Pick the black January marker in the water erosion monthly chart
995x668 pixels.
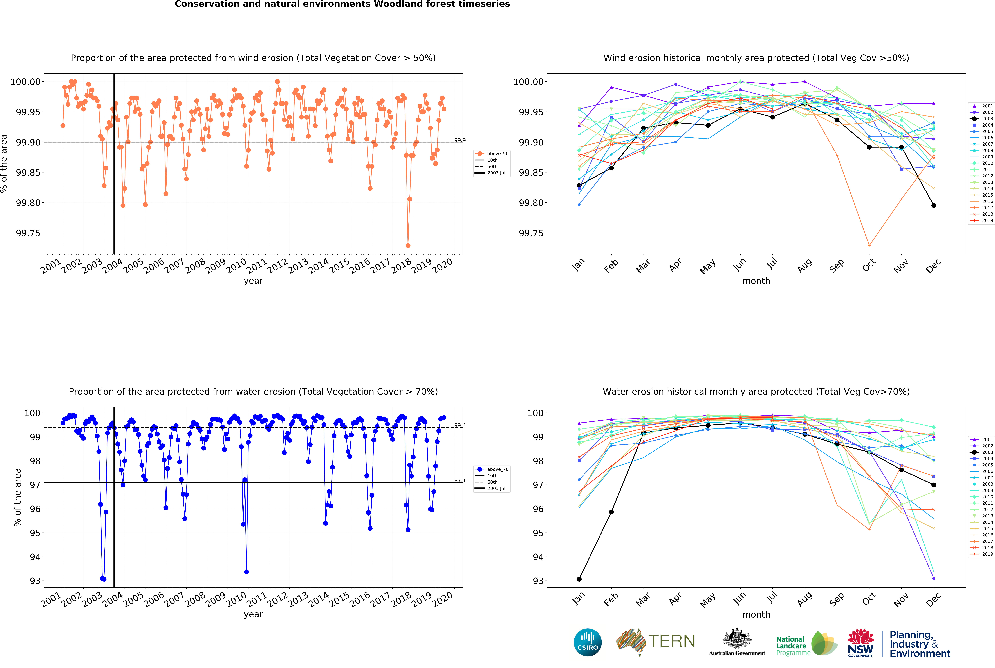(x=579, y=579)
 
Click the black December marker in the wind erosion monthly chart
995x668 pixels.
(x=934, y=205)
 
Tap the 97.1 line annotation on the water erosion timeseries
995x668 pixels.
(x=460, y=481)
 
